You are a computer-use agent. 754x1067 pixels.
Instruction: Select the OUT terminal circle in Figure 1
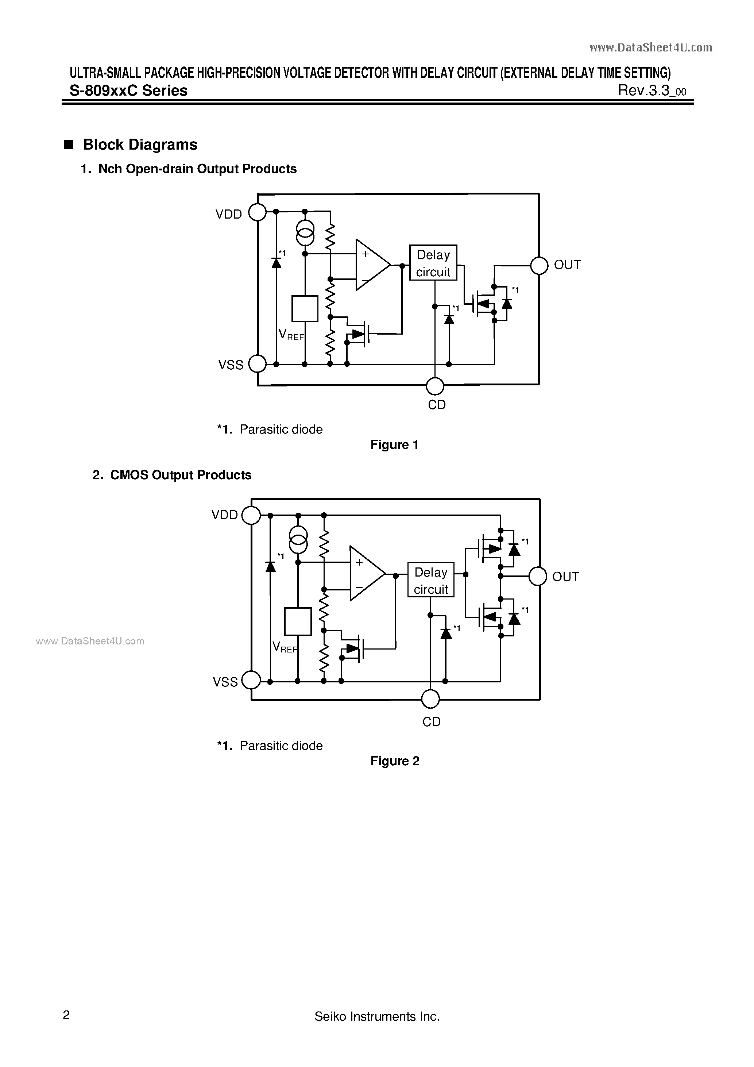(x=540, y=265)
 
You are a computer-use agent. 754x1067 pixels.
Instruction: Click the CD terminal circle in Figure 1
(x=435, y=385)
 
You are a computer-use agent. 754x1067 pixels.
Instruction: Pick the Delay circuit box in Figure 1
(x=433, y=263)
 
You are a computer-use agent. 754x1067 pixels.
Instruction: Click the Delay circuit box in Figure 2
(x=431, y=580)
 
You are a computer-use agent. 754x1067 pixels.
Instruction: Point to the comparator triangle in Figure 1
(x=371, y=265)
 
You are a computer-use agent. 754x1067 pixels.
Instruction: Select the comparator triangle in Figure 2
(x=365, y=573)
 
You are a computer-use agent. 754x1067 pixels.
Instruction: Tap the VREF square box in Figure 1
(x=305, y=309)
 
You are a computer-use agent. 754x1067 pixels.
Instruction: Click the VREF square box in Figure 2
(x=298, y=621)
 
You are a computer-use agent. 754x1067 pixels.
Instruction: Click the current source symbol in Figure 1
(x=305, y=233)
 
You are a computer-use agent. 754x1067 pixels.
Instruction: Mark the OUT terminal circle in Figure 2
(x=538, y=576)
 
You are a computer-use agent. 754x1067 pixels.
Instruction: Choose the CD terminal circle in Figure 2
(x=430, y=698)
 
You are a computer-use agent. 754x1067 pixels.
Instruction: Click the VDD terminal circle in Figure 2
(x=251, y=515)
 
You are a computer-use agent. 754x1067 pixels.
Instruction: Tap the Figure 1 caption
(x=394, y=445)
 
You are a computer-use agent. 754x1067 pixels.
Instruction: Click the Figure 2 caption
(x=394, y=761)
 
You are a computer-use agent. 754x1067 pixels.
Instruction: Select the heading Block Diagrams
(x=140, y=145)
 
